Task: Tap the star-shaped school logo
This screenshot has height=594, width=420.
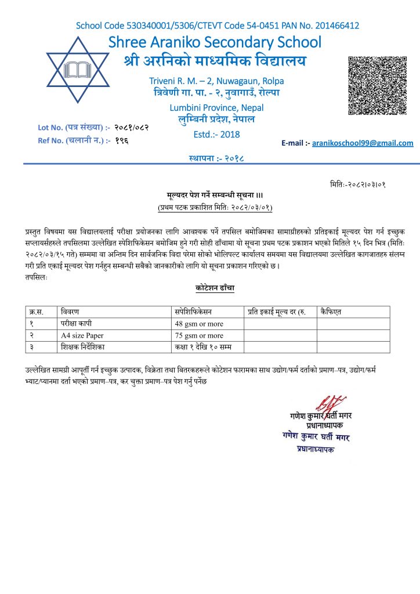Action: tap(77, 70)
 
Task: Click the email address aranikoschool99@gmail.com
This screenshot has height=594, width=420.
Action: tap(363, 143)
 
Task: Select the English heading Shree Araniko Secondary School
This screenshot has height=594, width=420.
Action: tap(215, 42)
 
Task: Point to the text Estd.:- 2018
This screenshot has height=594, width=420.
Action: tap(216, 135)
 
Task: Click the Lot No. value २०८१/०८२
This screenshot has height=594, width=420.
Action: tap(136, 126)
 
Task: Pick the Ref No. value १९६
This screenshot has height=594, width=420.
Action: tap(122, 140)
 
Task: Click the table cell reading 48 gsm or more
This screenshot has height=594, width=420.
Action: tap(199, 324)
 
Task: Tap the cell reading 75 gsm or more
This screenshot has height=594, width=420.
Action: tap(199, 335)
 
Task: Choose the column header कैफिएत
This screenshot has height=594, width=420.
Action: tap(331, 312)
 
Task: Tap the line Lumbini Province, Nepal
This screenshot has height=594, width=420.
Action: tap(216, 108)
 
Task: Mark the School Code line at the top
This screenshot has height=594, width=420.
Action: tap(218, 26)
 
